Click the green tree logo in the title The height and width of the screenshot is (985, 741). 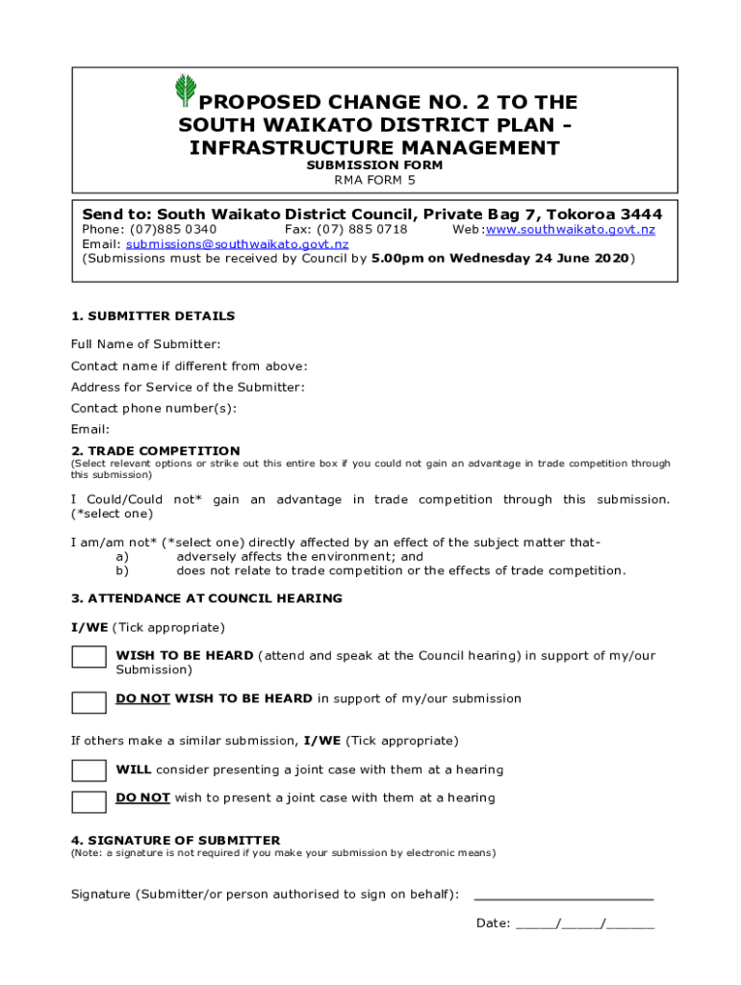[185, 89]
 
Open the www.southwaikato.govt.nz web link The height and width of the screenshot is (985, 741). [570, 230]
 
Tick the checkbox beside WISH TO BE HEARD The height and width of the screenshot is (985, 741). [89, 657]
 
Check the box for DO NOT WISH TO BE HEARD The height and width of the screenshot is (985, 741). [89, 701]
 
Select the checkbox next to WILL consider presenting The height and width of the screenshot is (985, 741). [89, 770]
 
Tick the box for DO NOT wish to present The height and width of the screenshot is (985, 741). [89, 800]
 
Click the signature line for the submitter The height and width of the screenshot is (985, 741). [563, 896]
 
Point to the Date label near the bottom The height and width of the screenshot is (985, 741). [493, 923]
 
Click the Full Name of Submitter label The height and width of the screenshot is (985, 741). [145, 344]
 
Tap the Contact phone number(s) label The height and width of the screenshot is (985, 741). [153, 408]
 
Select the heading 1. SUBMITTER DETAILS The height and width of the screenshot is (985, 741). [152, 316]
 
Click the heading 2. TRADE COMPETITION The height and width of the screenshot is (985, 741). [155, 451]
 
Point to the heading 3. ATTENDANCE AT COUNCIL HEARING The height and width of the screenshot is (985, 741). [206, 598]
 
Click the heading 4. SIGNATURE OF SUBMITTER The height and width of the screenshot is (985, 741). [175, 840]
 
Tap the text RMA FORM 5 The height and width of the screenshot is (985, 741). [374, 180]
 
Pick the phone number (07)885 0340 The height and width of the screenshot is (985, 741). [173, 230]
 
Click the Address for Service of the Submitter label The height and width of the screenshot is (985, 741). [188, 387]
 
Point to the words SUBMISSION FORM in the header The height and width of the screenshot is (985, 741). [374, 165]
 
